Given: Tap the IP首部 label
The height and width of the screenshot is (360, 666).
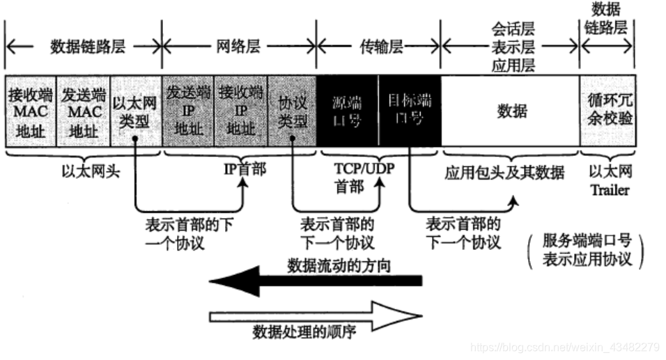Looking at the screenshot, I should [x=243, y=170].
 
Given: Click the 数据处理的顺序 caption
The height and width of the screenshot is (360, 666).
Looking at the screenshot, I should [x=304, y=332].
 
